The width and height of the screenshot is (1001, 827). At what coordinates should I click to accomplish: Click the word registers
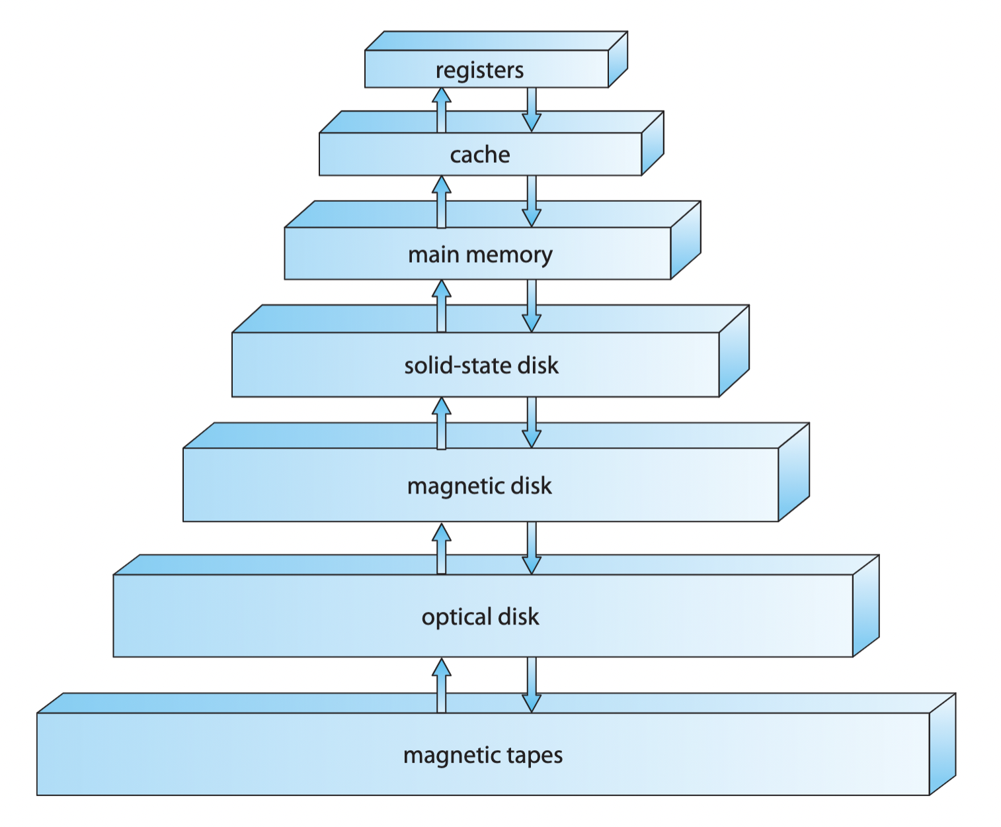pos(479,70)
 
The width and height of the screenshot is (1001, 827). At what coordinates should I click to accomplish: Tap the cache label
pos(480,155)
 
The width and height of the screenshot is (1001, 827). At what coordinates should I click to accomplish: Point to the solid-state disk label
pos(481,365)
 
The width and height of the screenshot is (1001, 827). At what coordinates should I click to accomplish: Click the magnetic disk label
pos(479,486)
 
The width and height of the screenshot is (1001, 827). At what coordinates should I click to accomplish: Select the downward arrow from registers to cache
pos(532,110)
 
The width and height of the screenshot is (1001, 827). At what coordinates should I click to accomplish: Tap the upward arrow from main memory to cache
pos(442,201)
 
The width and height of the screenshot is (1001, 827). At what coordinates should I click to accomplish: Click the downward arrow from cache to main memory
pos(532,201)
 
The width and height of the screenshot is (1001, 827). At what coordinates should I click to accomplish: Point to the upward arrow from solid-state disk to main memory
pos(442,306)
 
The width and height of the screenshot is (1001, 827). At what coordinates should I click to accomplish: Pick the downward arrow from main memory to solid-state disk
pos(532,306)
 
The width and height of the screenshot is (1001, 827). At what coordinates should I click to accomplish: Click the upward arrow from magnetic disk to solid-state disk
pos(442,423)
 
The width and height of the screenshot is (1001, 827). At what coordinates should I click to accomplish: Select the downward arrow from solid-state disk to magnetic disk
pos(532,423)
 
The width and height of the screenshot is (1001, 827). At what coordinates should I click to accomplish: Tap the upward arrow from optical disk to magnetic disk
pos(442,548)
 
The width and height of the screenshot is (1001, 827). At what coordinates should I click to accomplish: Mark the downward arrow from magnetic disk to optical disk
pos(532,548)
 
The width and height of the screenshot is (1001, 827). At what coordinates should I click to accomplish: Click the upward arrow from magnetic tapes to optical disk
pos(442,685)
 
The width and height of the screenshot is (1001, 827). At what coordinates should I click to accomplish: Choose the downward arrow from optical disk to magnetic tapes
pos(532,685)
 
